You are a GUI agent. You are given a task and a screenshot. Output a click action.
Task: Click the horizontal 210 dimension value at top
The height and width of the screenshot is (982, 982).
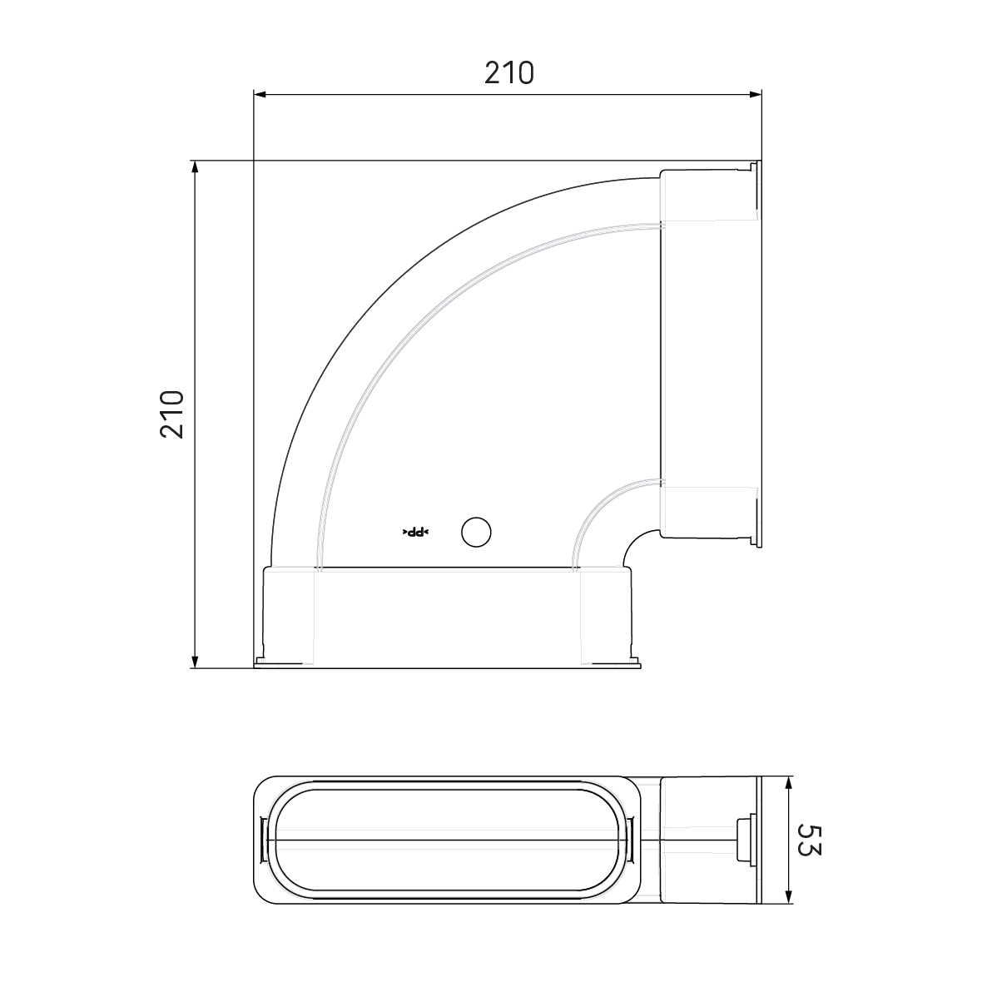tap(508, 73)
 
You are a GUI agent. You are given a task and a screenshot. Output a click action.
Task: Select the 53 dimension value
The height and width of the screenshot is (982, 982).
tap(809, 841)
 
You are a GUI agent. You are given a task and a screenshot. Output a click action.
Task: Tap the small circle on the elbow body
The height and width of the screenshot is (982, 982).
tap(476, 532)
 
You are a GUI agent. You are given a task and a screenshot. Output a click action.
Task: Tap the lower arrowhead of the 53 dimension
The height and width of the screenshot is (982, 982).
tap(788, 898)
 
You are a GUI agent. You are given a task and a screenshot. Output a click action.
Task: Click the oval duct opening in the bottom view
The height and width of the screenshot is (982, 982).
tap(449, 841)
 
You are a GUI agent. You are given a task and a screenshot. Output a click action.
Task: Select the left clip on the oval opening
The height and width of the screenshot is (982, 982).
tap(264, 841)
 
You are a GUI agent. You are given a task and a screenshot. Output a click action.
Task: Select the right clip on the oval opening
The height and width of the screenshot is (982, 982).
tap(634, 841)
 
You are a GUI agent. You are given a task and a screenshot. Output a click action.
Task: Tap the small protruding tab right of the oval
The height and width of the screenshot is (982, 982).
tap(743, 841)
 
